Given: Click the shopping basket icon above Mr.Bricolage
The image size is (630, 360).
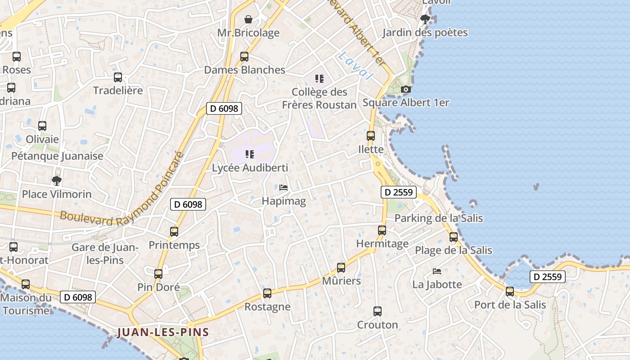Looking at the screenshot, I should click(x=248, y=19).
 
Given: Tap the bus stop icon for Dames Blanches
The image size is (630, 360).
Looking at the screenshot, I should click(x=244, y=57).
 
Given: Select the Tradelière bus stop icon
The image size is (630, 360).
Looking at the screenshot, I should click(x=118, y=77).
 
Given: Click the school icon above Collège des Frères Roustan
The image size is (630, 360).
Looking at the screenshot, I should click(x=319, y=79).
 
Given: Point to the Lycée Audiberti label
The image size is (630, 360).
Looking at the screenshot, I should click(x=250, y=168).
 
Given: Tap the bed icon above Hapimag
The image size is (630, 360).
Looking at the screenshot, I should click(x=283, y=188).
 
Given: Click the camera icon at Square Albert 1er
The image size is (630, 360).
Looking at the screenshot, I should click(x=406, y=90).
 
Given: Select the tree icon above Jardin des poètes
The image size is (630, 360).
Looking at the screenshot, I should click(x=425, y=19).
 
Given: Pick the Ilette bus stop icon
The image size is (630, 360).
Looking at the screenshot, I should click(x=371, y=136).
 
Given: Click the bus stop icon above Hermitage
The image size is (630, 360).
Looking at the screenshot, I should click(x=382, y=230).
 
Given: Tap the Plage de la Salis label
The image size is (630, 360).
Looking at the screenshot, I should click(x=453, y=250).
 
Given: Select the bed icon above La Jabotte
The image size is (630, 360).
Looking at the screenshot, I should click(x=437, y=271).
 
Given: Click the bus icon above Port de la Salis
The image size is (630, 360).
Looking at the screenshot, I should click(x=510, y=292).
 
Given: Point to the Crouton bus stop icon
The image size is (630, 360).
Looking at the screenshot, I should click(x=378, y=311).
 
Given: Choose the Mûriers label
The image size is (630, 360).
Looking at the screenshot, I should click(x=342, y=281).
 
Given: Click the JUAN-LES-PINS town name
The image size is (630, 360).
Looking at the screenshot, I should click(x=163, y=333).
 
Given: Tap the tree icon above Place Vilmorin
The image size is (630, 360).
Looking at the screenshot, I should click(x=57, y=181).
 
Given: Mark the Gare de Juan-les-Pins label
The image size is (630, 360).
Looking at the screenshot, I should click(x=105, y=253).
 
